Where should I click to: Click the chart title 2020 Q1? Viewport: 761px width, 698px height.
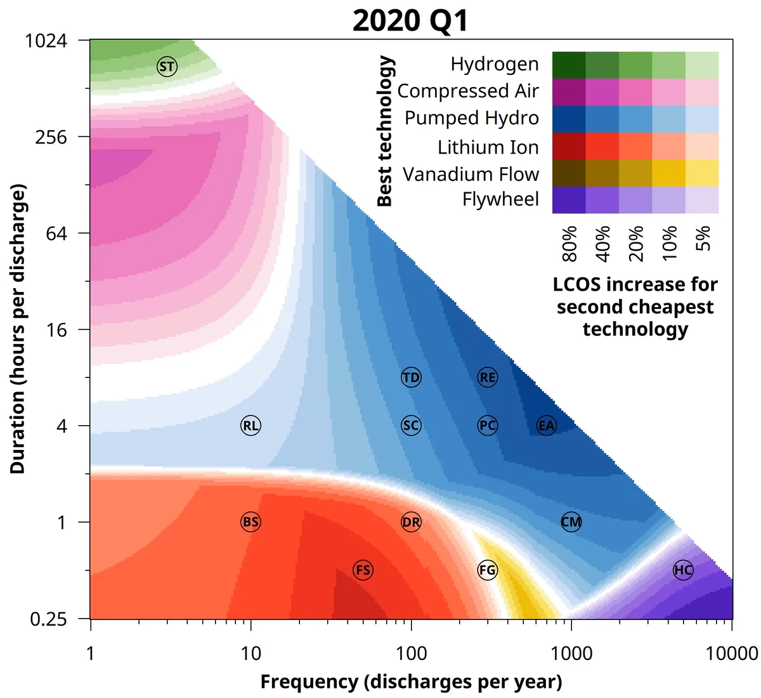click(x=410, y=20)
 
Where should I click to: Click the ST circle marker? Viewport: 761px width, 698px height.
click(x=167, y=67)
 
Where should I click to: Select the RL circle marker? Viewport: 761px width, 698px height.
click(x=250, y=426)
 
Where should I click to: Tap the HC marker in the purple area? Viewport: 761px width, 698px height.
click(x=683, y=570)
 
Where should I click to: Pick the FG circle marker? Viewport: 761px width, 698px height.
click(x=487, y=570)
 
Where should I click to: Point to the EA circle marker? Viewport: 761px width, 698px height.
click(x=546, y=426)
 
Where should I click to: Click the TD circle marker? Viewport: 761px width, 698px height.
click(x=411, y=378)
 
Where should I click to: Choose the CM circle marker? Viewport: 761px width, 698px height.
click(x=571, y=522)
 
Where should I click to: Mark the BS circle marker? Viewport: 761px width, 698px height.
click(x=250, y=522)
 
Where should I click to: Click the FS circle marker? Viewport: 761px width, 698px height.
click(x=363, y=570)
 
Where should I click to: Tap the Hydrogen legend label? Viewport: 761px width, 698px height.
click(x=495, y=64)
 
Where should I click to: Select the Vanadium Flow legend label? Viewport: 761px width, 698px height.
click(x=471, y=174)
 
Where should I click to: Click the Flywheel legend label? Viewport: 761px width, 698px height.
click(x=500, y=199)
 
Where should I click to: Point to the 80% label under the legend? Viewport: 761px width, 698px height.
click(x=569, y=244)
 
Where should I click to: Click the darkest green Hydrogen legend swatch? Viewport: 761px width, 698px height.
click(x=569, y=65)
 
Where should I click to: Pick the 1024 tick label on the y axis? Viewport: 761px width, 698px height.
click(x=46, y=41)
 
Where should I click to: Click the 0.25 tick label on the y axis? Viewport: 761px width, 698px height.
click(x=48, y=619)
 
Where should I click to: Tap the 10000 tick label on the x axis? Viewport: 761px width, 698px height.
click(x=732, y=653)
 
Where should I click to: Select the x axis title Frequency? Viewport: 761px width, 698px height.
click(x=411, y=682)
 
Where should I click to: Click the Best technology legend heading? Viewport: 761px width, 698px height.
click(x=385, y=131)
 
